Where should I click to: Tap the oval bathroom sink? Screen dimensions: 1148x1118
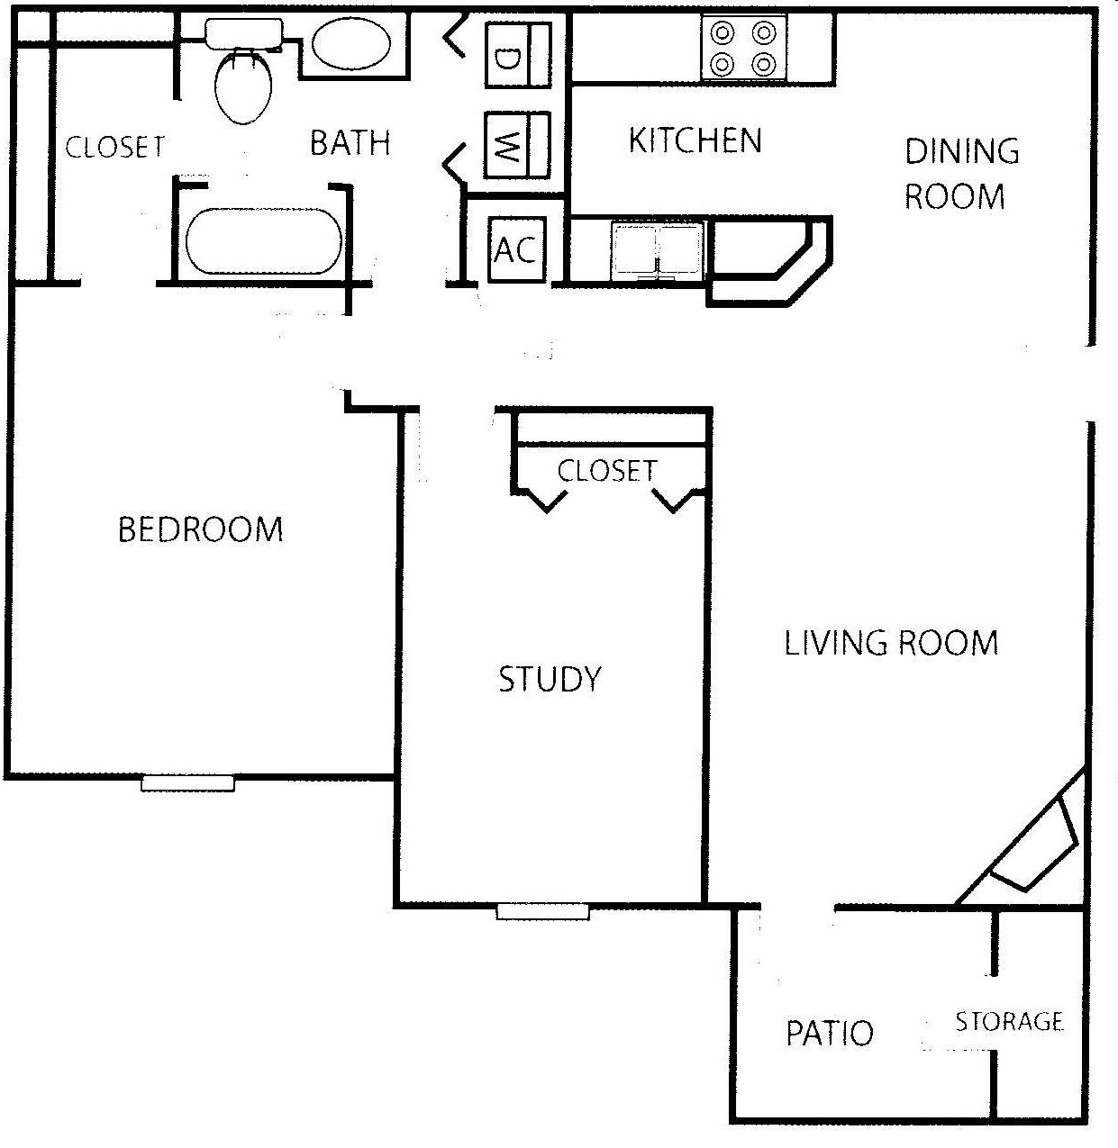352,46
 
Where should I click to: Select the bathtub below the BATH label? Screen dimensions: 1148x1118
263,241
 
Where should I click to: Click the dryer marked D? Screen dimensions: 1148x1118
517,56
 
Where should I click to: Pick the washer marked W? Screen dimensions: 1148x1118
517,145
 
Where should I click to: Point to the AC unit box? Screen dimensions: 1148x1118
516,249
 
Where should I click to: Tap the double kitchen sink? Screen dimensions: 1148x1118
657,249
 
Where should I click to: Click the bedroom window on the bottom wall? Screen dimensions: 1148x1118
187,783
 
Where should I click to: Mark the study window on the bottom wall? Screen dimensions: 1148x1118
542,911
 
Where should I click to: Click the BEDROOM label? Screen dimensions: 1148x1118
200,529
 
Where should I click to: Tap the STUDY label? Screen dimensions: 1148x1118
550,679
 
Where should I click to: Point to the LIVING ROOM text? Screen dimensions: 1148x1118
891,643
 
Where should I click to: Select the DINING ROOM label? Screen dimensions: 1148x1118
960,174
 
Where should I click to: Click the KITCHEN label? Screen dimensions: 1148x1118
695,141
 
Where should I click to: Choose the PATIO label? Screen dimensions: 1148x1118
830,1033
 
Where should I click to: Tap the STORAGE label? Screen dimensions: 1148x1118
1009,1021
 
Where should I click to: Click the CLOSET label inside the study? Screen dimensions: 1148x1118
607,470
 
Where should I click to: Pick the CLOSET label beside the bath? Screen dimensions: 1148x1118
115,147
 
